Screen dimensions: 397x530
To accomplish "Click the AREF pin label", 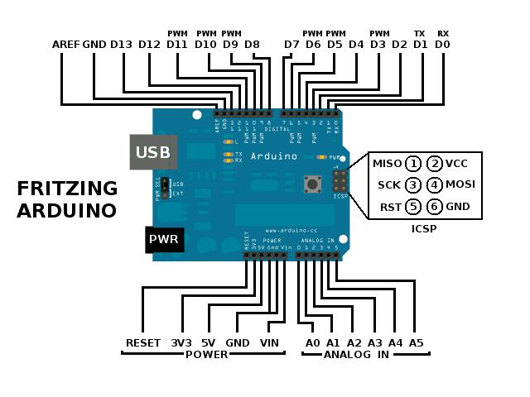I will coord(65,44).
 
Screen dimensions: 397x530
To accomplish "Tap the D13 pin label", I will coord(121,44).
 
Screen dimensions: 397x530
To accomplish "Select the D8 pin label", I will coord(253,44).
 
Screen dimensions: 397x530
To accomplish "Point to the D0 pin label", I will coord(442,44).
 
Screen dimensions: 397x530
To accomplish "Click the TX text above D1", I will coord(420,34).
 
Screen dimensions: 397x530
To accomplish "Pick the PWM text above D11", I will coord(177,34).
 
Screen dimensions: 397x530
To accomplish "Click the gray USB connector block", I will coord(153,152).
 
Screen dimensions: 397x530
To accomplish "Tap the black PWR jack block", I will coord(164,240).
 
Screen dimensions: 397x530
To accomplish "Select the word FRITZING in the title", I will coord(67,189).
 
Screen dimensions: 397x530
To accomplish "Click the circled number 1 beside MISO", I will coord(412,163).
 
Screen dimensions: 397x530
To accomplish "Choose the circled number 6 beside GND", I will coord(435,207).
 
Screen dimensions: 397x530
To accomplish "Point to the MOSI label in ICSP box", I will coord(460,184).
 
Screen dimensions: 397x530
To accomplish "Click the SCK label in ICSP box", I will coord(389,184).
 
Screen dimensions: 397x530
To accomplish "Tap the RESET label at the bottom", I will coord(143,342).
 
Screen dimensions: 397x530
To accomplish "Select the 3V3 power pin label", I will coord(181,342).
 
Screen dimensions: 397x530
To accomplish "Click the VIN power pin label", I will coord(270,342).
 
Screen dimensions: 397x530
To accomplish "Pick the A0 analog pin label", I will coord(312,342).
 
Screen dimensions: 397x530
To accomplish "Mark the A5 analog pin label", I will coord(416,342).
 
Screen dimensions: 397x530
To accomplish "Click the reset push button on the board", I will coord(314,183).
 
